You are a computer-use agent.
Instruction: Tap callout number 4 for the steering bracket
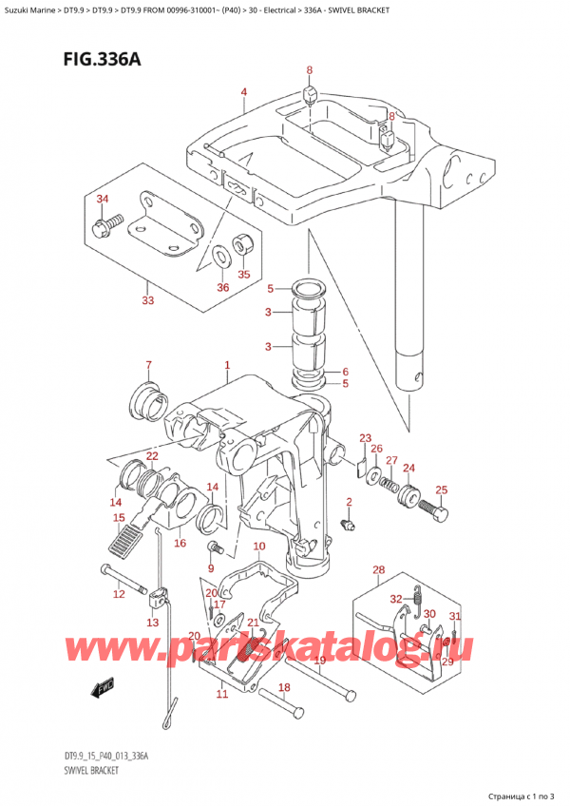tap(244, 92)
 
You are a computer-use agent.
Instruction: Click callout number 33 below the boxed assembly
tap(147, 302)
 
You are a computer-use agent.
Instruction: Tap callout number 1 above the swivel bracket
tap(227, 365)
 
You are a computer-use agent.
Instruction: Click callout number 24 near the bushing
tap(409, 468)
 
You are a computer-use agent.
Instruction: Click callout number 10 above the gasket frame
tap(259, 547)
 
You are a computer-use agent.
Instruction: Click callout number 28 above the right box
tap(379, 570)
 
